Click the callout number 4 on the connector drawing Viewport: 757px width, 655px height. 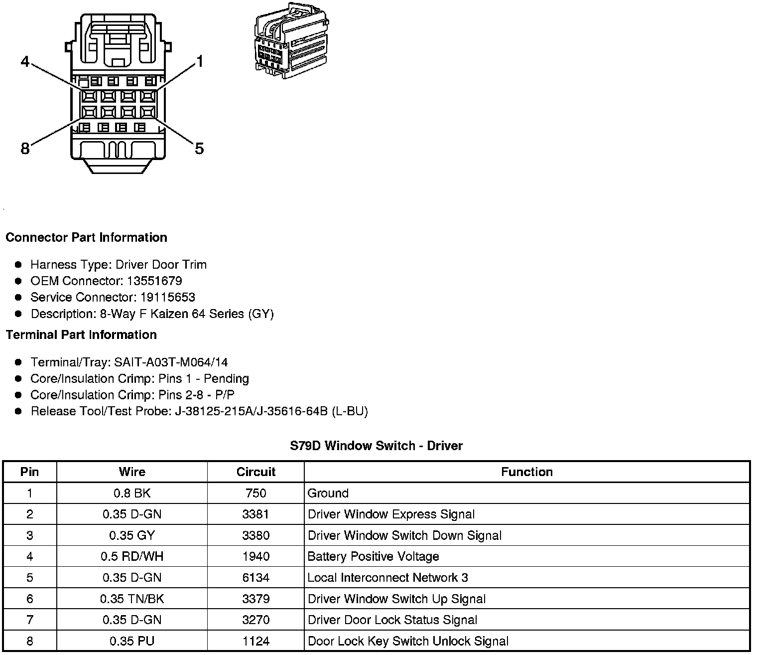25,62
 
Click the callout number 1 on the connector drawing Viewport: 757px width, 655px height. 200,62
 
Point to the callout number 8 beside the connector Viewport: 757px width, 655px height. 25,148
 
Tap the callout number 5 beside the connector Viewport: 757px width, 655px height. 199,148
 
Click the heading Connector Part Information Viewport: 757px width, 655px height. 86,237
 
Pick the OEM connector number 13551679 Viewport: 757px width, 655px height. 154,281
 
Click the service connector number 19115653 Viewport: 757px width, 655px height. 167,297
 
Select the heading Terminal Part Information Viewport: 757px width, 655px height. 81,334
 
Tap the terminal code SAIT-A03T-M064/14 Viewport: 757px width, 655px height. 171,362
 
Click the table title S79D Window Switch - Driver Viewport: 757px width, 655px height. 376,446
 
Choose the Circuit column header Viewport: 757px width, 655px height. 255,472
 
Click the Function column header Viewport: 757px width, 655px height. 527,472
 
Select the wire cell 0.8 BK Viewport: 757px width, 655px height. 132,493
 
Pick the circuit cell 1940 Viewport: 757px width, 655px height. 255,556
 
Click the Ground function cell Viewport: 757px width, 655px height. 328,493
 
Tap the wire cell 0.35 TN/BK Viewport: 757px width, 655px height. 132,599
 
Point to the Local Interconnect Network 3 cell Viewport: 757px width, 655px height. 388,578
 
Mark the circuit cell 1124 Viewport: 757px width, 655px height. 255,641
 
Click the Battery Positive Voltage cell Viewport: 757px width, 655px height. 374,556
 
